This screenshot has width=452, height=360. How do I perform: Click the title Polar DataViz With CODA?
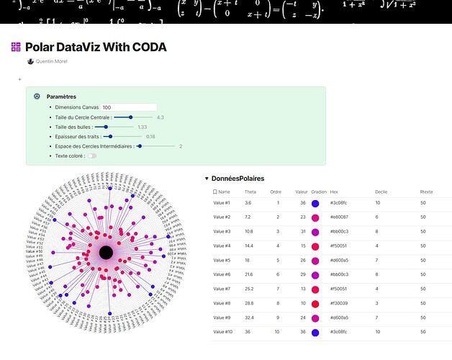click(x=96, y=48)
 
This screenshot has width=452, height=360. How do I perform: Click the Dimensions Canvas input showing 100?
click(x=129, y=107)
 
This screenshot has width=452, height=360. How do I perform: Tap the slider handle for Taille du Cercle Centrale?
click(x=130, y=117)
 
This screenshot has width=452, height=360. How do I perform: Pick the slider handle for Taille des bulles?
click(x=106, y=127)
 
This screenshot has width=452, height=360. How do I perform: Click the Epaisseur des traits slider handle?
click(x=109, y=136)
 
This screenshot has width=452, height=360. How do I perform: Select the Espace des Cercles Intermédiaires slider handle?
click(x=139, y=145)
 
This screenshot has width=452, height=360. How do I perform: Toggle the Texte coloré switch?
click(x=92, y=156)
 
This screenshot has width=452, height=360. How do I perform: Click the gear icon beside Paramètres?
click(x=37, y=96)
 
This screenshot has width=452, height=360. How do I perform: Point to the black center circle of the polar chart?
click(x=105, y=252)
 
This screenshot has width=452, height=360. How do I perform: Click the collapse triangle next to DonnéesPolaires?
click(x=207, y=178)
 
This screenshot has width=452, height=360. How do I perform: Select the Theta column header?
click(x=250, y=192)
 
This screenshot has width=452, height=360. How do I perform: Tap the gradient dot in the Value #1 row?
click(x=315, y=203)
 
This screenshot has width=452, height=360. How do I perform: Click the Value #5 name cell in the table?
click(x=222, y=260)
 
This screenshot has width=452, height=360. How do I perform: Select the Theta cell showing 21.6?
click(x=249, y=274)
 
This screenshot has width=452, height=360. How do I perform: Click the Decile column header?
click(x=381, y=192)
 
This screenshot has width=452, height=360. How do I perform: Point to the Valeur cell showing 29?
click(x=304, y=274)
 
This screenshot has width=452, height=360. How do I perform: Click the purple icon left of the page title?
click(x=16, y=48)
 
